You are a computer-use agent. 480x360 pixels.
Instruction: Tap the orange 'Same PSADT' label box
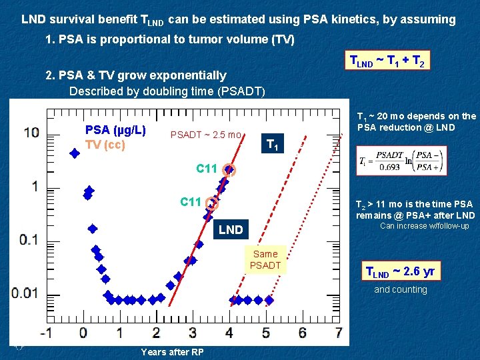265,259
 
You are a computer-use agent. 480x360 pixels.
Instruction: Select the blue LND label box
231,229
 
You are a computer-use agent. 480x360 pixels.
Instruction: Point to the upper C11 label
207,169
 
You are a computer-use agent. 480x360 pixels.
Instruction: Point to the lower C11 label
191,202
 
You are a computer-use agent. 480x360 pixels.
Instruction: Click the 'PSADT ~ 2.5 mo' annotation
206,135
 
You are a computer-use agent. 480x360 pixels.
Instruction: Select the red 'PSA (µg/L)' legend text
115,129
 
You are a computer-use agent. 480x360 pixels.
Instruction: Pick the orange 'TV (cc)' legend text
105,145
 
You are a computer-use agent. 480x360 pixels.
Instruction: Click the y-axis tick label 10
31,132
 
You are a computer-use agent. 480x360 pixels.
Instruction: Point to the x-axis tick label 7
339,332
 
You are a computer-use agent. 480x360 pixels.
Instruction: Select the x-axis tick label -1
45,332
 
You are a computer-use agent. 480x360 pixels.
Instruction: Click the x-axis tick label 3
193,332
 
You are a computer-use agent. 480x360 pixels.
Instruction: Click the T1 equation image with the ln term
401,161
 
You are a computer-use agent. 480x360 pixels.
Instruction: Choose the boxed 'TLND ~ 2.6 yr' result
400,271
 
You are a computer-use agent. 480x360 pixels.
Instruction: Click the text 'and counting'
401,289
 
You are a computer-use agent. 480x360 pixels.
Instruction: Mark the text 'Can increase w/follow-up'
424,226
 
